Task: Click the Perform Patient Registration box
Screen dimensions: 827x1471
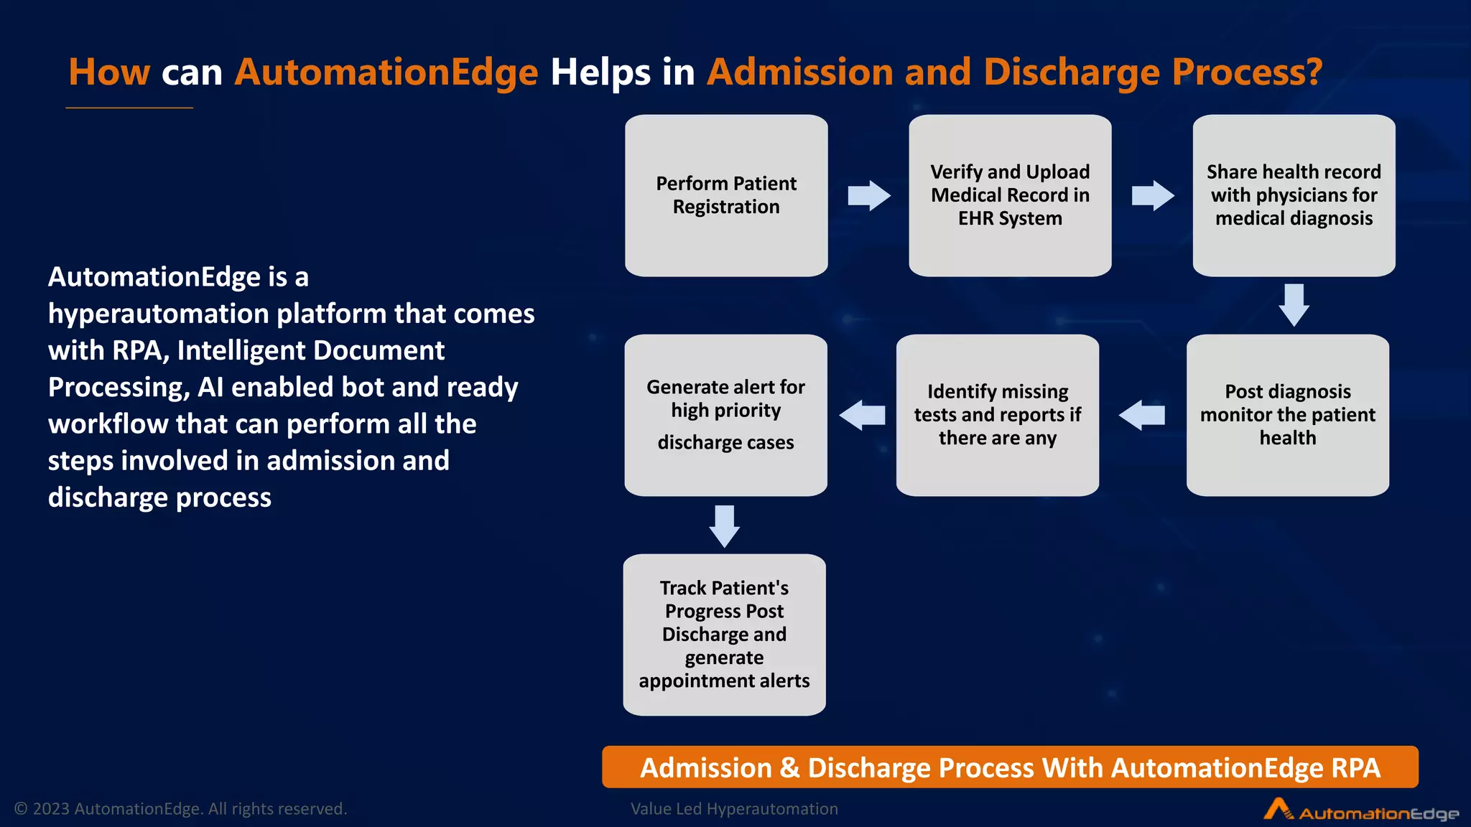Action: click(726, 195)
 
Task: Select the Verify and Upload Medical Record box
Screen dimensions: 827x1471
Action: click(1010, 195)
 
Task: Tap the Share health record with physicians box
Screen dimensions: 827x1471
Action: click(1294, 195)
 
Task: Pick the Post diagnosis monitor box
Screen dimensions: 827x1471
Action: click(1287, 415)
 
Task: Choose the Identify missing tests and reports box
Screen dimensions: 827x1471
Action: click(997, 415)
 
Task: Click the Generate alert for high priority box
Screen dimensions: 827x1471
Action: click(725, 415)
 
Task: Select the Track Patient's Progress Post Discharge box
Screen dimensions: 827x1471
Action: click(724, 634)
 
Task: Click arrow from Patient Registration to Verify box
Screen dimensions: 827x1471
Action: click(868, 195)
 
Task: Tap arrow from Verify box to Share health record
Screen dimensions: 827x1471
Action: click(1152, 195)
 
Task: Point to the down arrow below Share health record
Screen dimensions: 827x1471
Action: click(1294, 305)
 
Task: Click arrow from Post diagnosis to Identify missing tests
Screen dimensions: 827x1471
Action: click(1142, 415)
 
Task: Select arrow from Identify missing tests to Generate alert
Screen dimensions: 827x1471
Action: click(862, 415)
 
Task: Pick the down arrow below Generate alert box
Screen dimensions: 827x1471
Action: click(724, 525)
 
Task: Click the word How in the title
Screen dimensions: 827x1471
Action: click(109, 73)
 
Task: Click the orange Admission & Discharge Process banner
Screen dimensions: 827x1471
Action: click(1010, 767)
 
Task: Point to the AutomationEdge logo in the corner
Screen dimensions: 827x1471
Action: click(1360, 810)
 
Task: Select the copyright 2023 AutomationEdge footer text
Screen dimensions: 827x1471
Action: click(181, 809)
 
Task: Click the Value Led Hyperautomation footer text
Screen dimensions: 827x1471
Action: click(734, 809)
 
